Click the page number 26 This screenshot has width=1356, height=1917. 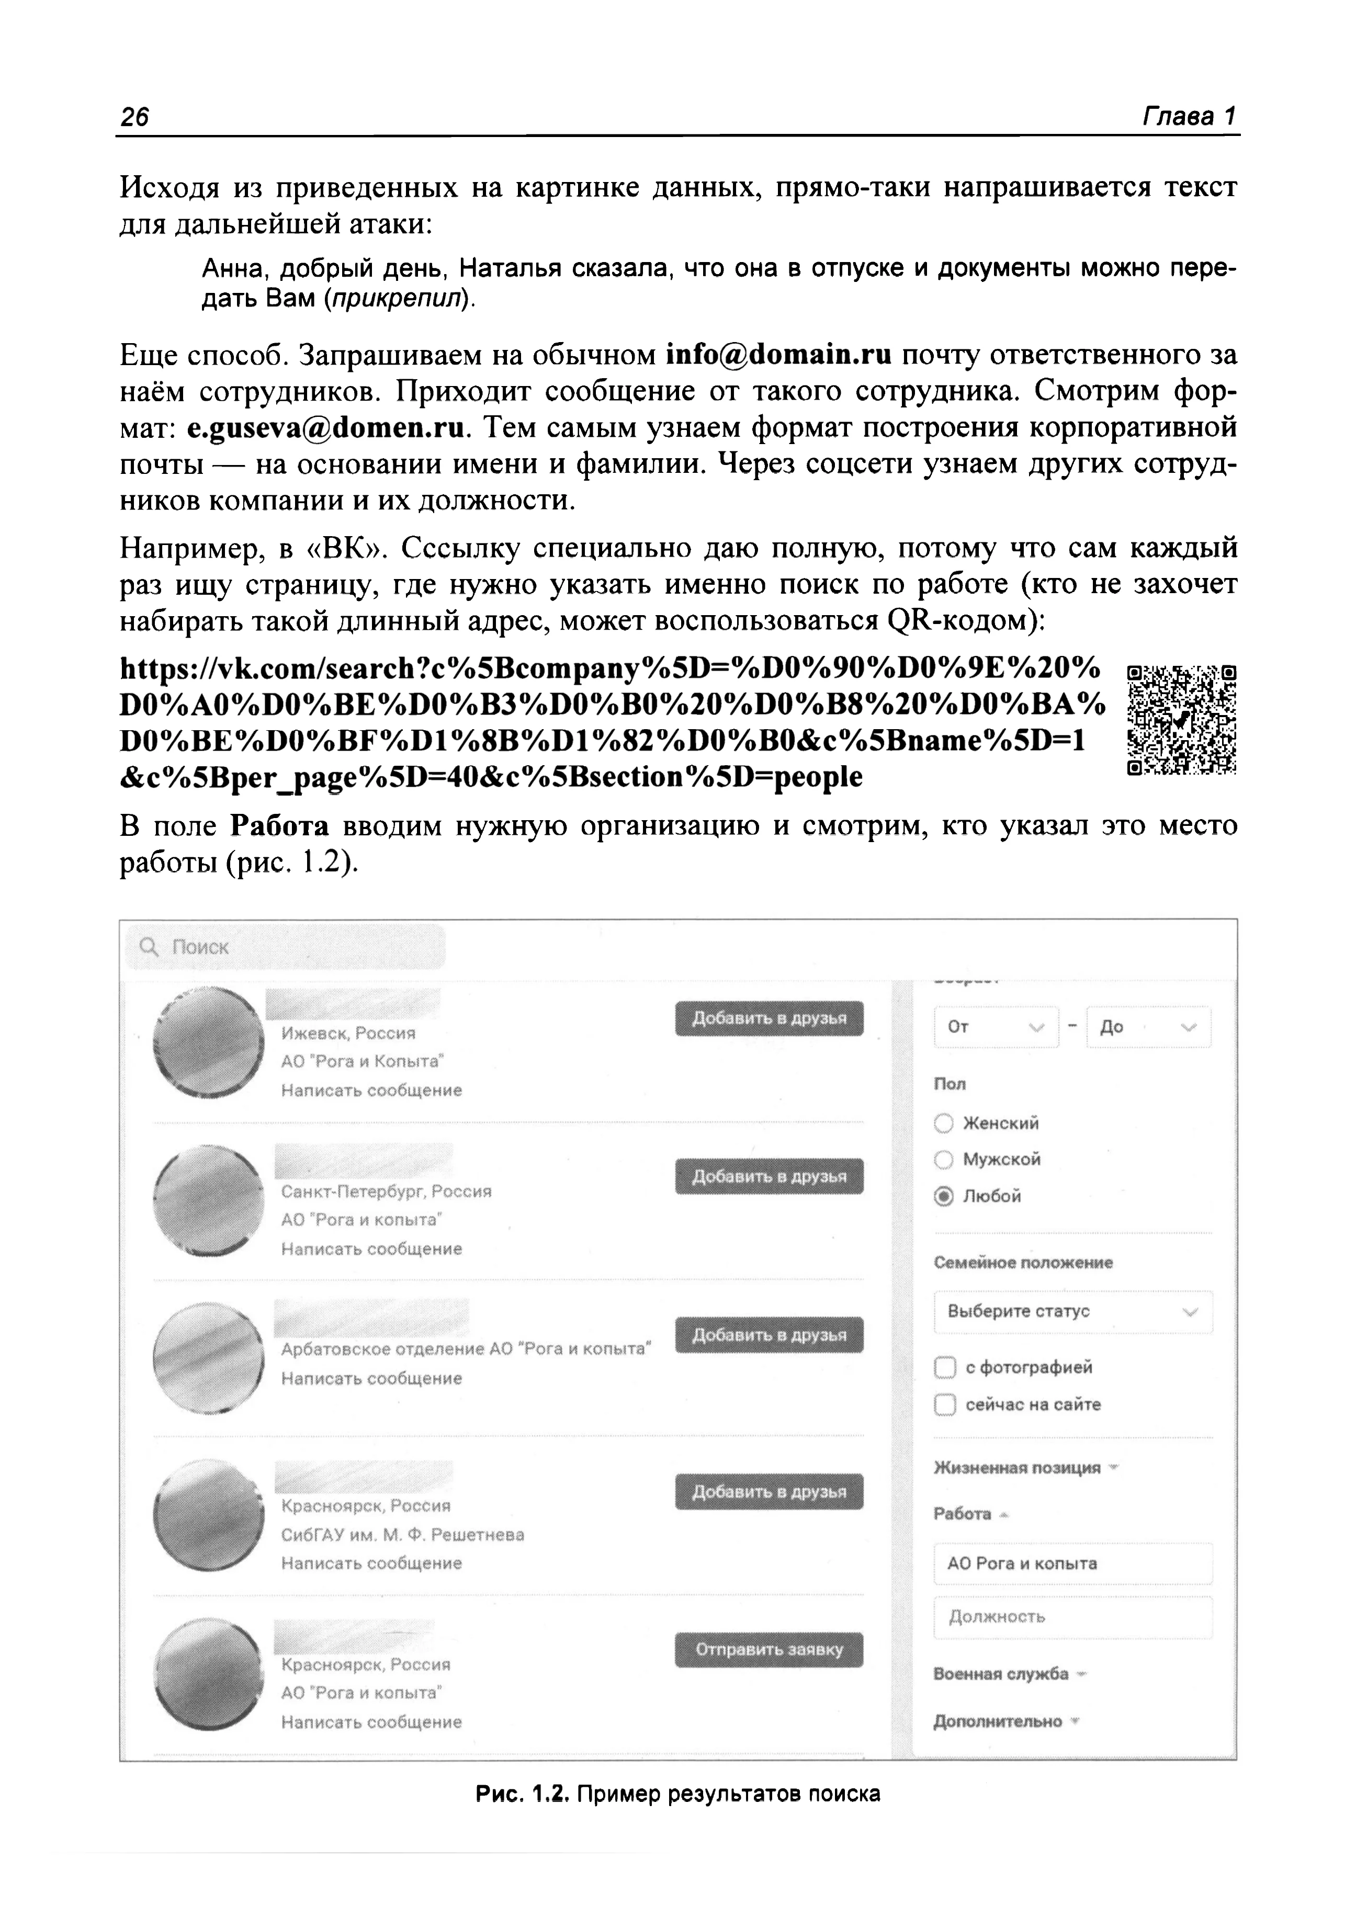point(134,117)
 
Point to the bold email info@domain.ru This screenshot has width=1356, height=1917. point(778,355)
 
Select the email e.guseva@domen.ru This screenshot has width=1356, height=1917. point(325,427)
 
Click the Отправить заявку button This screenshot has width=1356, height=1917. point(768,1649)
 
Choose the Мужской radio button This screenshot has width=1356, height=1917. point(944,1159)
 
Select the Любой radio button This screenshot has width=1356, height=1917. point(944,1196)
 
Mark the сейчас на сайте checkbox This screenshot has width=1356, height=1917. point(944,1404)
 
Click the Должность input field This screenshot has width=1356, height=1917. point(1072,1616)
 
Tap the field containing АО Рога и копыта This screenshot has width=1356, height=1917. point(1072,1563)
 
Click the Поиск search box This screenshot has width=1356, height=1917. point(284,947)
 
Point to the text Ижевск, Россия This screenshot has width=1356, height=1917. point(348,1033)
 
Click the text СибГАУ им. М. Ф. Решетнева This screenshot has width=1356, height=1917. point(402,1534)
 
